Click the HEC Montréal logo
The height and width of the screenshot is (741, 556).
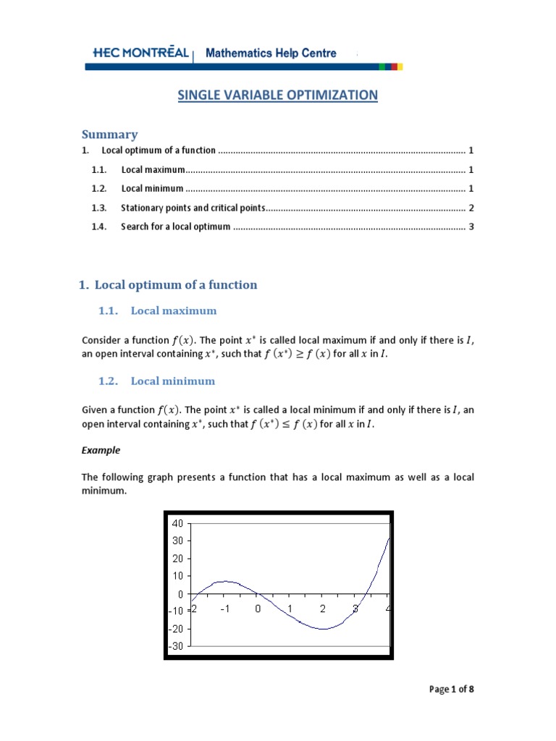140,53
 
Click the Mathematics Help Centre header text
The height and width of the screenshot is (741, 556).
271,53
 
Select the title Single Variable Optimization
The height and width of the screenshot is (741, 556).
278,95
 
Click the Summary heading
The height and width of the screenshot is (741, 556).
109,134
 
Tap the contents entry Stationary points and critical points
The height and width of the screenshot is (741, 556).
193,208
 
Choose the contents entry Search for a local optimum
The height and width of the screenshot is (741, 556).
175,226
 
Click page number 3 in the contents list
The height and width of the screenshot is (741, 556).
471,226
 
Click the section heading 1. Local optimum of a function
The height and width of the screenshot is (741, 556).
168,284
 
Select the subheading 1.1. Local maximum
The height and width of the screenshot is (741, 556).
157,310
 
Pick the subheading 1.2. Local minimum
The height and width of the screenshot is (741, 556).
156,381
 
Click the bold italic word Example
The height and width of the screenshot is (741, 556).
101,450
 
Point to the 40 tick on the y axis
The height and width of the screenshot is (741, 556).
178,522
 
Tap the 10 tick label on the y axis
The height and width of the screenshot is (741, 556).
178,576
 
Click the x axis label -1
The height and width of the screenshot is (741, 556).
224,609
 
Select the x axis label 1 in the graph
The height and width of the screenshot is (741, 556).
290,609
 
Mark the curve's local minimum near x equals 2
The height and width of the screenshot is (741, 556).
323,629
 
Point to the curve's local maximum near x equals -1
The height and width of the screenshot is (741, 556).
225,581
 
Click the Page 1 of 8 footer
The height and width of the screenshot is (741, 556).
452,689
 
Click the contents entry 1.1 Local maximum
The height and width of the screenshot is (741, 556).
153,170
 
